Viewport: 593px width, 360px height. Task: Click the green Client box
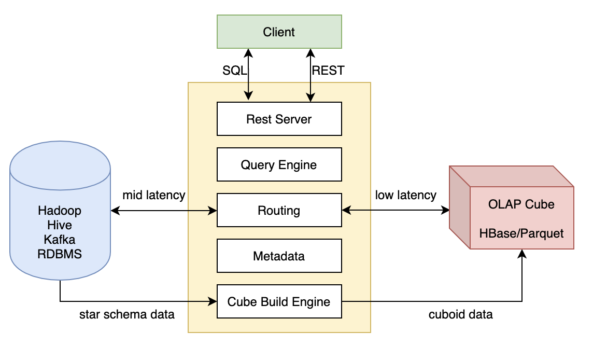click(x=279, y=32)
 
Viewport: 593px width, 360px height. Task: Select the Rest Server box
click(x=279, y=119)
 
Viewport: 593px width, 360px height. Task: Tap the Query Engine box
click(x=279, y=165)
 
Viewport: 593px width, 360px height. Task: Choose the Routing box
click(x=279, y=211)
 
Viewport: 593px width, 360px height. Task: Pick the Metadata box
click(x=279, y=256)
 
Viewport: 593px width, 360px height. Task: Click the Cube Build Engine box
click(x=279, y=301)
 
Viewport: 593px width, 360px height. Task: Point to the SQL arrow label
click(x=235, y=71)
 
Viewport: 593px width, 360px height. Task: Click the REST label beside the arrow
click(x=328, y=71)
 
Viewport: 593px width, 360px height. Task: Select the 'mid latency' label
click(x=153, y=196)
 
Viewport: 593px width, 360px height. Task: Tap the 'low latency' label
click(x=405, y=196)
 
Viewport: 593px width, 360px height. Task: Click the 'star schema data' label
click(x=126, y=314)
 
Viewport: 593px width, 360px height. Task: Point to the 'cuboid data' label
click(x=460, y=314)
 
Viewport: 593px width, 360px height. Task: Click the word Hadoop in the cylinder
click(x=60, y=211)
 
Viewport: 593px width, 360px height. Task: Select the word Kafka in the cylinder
click(x=60, y=240)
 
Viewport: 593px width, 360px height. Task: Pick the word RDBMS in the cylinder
click(x=60, y=254)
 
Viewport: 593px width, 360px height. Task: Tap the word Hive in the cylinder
click(x=60, y=226)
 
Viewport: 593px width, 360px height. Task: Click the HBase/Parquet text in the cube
click(x=521, y=233)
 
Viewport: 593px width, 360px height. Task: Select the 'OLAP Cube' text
click(x=521, y=204)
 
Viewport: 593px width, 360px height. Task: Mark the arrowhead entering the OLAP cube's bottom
click(x=522, y=254)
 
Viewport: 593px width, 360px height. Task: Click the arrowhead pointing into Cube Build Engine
click(x=213, y=301)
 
